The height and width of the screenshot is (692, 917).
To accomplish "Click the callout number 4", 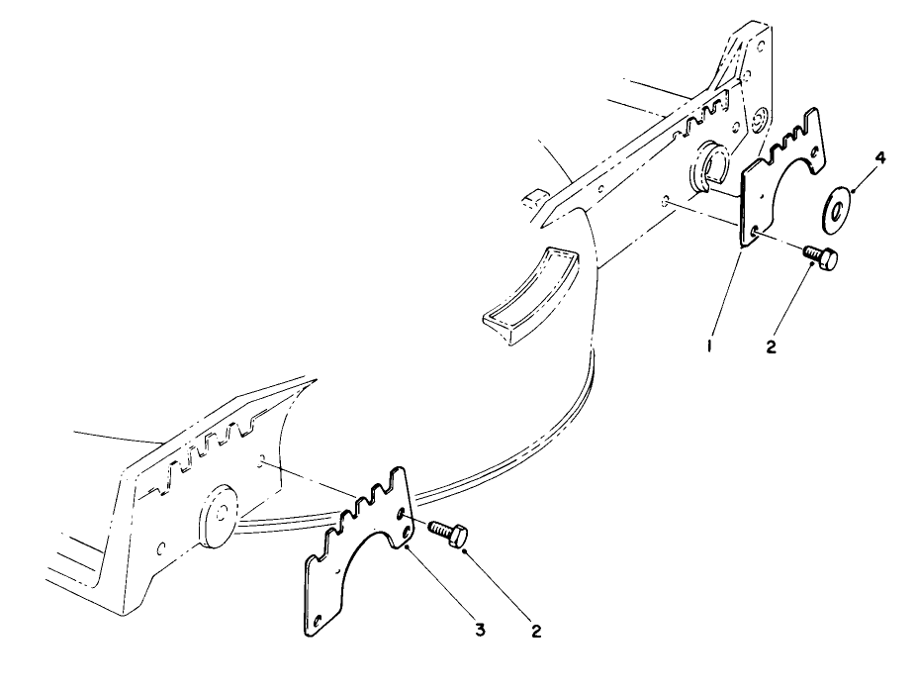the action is pos(880,158).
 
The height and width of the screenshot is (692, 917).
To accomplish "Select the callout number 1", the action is pos(710,346).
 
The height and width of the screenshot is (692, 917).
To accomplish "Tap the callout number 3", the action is pos(480,630).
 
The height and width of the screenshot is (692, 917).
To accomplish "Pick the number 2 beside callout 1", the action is pos(772,346).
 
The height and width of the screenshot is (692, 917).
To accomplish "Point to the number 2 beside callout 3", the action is pos(536,631).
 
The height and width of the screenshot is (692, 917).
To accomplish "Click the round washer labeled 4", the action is pos(836,207).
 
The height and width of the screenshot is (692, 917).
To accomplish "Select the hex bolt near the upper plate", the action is pos(820,258).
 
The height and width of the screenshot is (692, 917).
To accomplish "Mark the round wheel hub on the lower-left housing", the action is pos(219,516).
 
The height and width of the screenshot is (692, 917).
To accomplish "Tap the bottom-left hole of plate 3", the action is pos(317,620).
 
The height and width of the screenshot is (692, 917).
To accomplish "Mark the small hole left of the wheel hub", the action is pos(161,548).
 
